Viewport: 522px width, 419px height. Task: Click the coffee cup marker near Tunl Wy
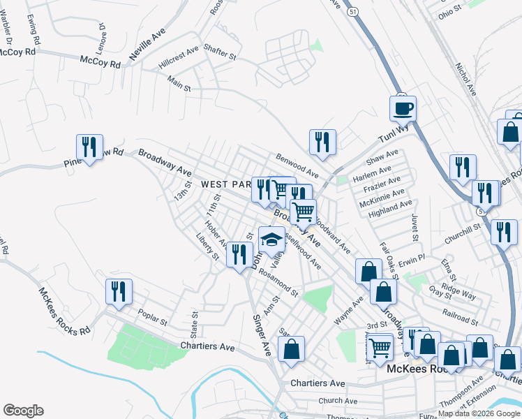(x=403, y=109)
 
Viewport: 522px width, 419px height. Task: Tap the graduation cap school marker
(x=271, y=240)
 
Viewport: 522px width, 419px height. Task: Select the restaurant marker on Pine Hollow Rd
(x=89, y=147)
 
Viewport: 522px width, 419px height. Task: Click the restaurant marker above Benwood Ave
(x=322, y=142)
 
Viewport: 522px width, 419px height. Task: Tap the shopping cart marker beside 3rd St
(x=380, y=346)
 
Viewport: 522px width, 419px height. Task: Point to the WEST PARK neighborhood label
(x=225, y=184)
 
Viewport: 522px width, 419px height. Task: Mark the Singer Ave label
(x=261, y=335)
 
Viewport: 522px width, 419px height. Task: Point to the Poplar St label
(x=153, y=318)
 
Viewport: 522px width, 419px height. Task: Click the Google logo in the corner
(x=22, y=411)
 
